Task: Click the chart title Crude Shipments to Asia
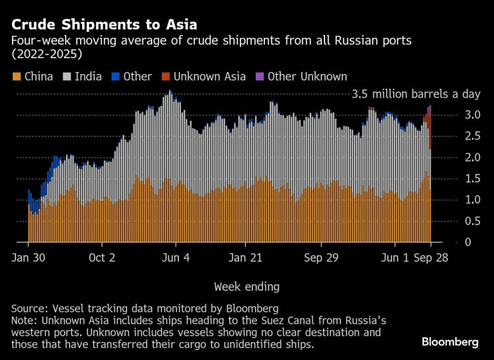(103, 25)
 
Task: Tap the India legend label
(88, 77)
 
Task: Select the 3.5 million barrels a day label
(416, 94)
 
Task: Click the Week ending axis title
(246, 287)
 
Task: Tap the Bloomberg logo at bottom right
(450, 342)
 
